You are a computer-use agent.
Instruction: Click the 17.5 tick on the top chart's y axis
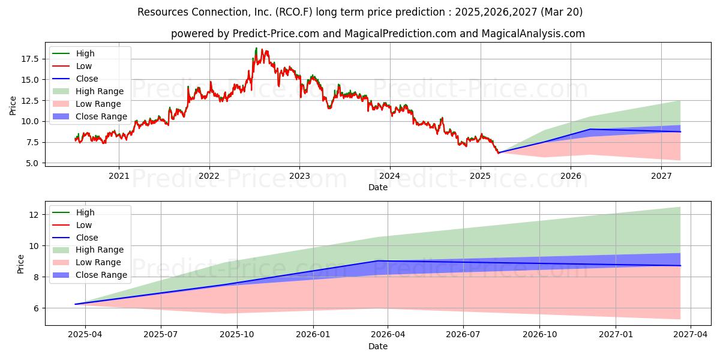(29, 59)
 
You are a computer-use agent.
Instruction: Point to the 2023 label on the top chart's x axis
(299, 176)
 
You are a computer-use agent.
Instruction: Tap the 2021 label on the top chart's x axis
(119, 176)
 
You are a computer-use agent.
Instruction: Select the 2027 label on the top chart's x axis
(661, 176)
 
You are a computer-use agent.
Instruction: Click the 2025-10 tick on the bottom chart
(237, 335)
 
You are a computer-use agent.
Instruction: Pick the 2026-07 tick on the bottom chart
(463, 335)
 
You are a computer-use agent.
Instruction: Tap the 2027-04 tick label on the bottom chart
(691, 335)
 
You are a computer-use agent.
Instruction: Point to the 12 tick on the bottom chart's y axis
(34, 215)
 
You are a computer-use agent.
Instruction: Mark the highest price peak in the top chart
(256, 48)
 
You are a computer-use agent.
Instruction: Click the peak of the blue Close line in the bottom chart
(378, 260)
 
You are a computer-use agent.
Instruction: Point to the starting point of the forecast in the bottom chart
(75, 304)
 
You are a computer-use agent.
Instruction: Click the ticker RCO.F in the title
(293, 12)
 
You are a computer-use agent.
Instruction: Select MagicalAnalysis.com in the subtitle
(533, 34)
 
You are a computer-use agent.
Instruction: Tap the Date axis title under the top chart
(378, 187)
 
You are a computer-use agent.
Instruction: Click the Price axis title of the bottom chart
(20, 264)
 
